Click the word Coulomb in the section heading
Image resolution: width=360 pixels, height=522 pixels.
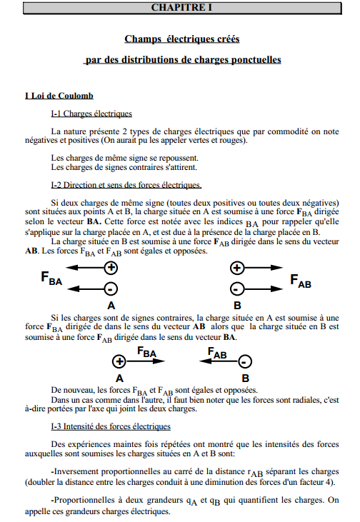tap(75, 95)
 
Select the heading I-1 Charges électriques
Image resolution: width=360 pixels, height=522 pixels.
tap(91, 114)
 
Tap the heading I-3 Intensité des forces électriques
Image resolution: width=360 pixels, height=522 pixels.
tap(110, 426)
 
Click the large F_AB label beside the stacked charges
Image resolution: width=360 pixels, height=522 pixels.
tap(301, 280)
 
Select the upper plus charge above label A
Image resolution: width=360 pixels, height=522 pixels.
tap(111, 268)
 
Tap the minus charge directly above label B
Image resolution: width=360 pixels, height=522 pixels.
tap(237, 289)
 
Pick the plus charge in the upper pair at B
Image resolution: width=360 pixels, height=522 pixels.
tap(237, 268)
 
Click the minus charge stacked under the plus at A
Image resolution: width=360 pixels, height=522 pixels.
tap(111, 289)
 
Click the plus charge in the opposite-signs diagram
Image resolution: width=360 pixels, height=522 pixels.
tap(120, 362)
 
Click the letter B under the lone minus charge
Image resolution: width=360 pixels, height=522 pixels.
tap(245, 378)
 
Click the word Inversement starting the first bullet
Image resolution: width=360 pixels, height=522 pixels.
tap(79, 471)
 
